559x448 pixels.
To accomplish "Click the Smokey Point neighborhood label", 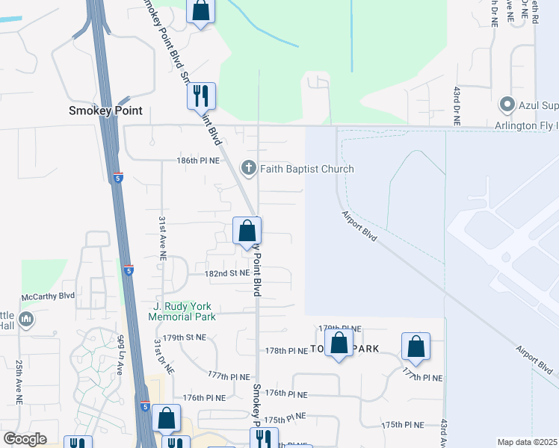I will click(105, 111).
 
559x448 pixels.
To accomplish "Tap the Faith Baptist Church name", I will click(306, 169).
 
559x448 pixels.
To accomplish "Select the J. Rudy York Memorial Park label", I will click(183, 311).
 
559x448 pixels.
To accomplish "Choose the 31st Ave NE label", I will click(162, 238).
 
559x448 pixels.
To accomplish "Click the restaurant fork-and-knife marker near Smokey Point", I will click(200, 96).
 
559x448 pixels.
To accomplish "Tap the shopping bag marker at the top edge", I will click(200, 10).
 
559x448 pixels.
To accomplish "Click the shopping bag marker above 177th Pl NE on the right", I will click(416, 346).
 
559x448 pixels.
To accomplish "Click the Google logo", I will click(25, 438).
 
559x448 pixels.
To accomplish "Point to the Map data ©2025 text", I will click(527, 442).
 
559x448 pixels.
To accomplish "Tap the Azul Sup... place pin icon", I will click(507, 104).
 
